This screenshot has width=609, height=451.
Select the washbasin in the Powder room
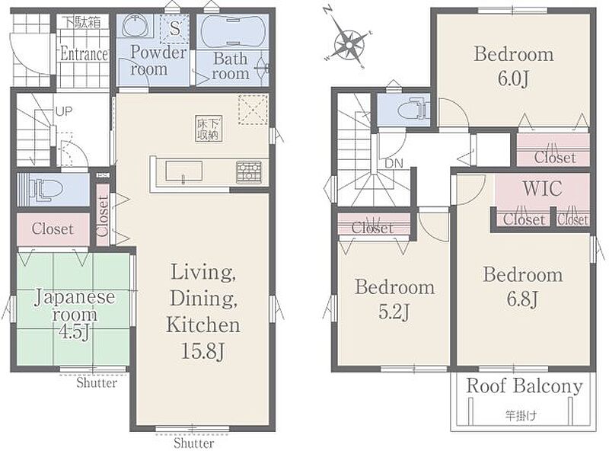pos(134,27)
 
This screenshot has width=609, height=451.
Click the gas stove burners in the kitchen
pos(249,172)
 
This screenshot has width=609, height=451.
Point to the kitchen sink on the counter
pos(183,171)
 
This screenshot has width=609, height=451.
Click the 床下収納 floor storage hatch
pos(209,128)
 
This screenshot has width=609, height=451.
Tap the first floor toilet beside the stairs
pos(46,190)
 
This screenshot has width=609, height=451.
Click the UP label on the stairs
pos(64,112)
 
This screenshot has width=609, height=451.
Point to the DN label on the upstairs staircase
pos(394,164)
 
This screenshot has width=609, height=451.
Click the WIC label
pos(543,188)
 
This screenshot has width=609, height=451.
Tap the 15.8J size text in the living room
pos(203,352)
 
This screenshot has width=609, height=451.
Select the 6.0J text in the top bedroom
pos(513,79)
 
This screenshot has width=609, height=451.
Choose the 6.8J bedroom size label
pos(522,299)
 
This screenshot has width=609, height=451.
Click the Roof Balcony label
pos(525,386)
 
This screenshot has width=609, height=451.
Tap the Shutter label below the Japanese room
pos(97,383)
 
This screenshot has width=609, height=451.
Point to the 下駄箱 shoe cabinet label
pos(82,22)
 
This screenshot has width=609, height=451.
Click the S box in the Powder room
pos(175,28)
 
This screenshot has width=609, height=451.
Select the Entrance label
pos(84,54)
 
